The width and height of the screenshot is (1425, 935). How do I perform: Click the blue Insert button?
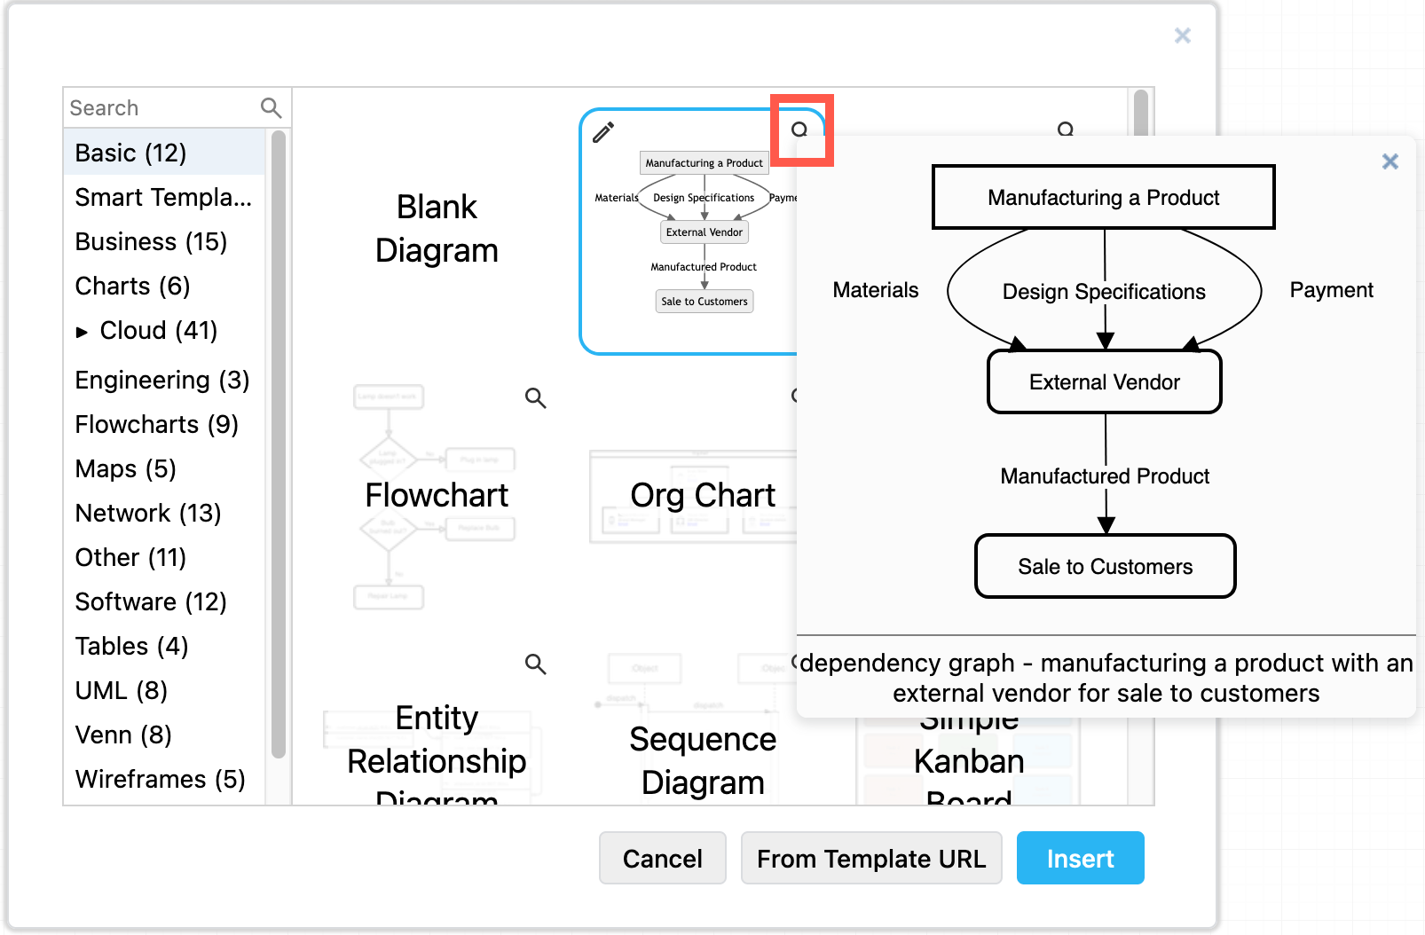tap(1080, 858)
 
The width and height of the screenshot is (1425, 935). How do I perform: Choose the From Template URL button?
tap(870, 858)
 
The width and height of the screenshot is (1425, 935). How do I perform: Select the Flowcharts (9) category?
tap(156, 424)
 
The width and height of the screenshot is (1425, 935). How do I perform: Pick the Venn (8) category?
tap(123, 735)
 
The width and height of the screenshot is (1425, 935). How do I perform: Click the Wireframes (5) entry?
tap(160, 779)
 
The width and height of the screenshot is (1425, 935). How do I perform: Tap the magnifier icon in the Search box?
tap(271, 108)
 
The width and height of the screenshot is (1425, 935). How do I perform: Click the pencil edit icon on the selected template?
tap(603, 132)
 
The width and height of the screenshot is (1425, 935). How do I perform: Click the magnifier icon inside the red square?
tap(799, 130)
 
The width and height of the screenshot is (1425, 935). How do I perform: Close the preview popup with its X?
tap(1390, 161)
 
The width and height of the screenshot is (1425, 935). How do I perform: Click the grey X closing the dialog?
tap(1182, 35)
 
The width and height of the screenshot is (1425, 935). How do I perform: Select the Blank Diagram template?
tap(437, 229)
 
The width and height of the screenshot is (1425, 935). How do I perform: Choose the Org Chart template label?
tap(702, 495)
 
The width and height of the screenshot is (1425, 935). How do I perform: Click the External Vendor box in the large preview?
tap(1104, 381)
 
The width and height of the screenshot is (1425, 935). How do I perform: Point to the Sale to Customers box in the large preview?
tap(1105, 566)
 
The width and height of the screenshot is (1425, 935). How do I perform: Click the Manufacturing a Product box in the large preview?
tap(1103, 197)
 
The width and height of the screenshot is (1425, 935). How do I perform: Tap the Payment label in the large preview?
tap(1330, 290)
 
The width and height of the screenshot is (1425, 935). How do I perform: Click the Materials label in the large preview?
tap(875, 290)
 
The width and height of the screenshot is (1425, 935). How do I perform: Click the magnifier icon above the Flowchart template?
tap(535, 397)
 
